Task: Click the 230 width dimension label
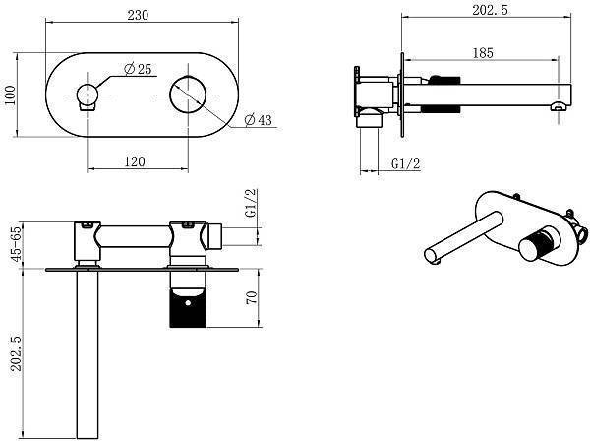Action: [138, 15]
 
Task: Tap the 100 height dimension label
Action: [10, 94]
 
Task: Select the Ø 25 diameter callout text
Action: [138, 69]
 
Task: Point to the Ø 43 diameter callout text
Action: [258, 119]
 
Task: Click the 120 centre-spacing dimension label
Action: [135, 161]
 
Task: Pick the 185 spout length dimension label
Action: [483, 53]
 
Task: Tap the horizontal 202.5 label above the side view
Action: [491, 10]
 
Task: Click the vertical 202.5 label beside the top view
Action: [16, 352]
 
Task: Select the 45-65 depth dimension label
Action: [16, 244]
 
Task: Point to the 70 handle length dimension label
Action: [252, 297]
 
